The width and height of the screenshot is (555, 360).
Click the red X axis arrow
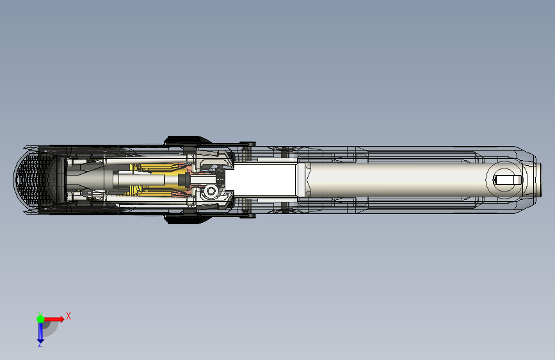click(54, 319)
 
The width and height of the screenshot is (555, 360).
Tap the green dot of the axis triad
click(40, 319)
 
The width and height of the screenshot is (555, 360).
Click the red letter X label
click(68, 316)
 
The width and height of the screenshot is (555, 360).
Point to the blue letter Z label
click(40, 345)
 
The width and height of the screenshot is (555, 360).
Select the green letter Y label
click(40, 314)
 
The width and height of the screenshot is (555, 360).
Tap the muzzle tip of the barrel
click(539, 179)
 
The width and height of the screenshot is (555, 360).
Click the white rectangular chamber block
click(261, 179)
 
